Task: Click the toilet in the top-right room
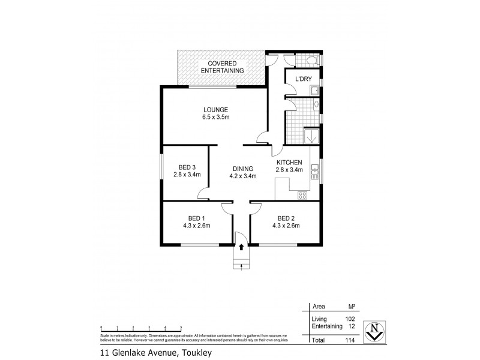(310, 61)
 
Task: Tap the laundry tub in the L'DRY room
(314, 91)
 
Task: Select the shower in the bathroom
(312, 136)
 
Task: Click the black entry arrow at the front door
(241, 246)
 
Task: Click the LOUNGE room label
(215, 109)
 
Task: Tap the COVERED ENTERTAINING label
(221, 67)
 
